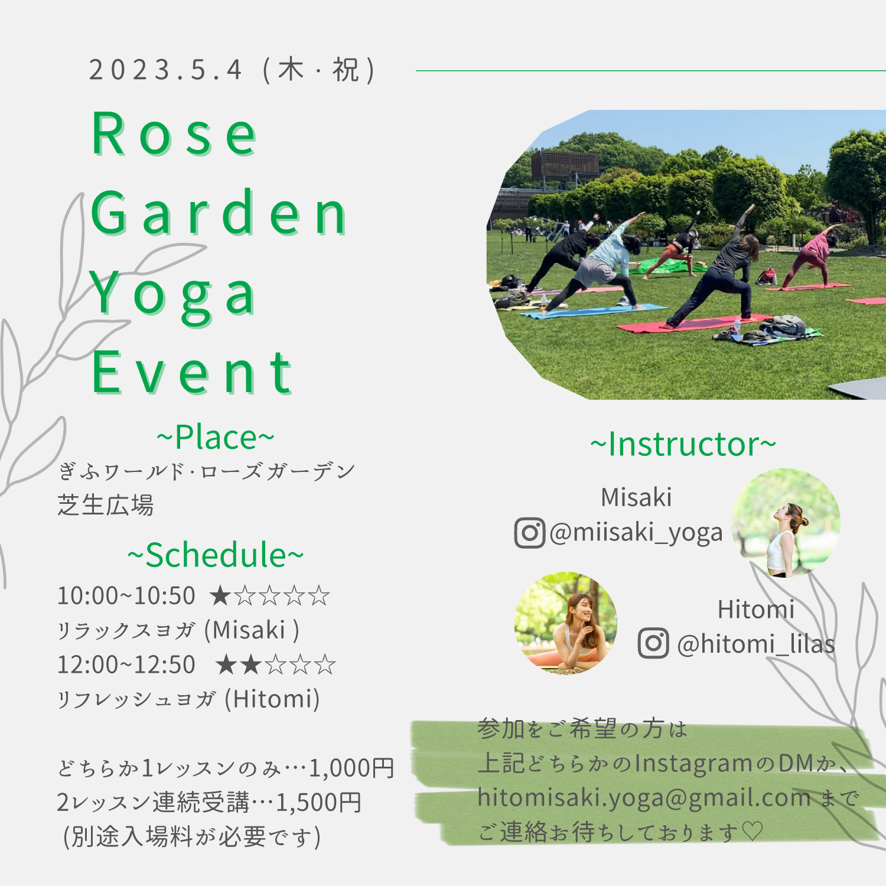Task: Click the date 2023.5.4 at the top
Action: [x=165, y=70]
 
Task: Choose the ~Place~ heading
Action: [x=216, y=437]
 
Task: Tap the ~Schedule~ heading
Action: [x=216, y=555]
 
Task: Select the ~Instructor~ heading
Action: [x=683, y=444]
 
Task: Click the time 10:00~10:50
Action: [x=126, y=595]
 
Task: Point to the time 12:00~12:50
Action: [x=126, y=664]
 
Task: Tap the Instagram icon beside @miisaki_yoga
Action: [x=529, y=533]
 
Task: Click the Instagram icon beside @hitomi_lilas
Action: [x=653, y=643]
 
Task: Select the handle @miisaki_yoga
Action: [x=636, y=533]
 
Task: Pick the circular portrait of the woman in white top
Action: [x=786, y=523]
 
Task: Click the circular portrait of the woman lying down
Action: [x=566, y=623]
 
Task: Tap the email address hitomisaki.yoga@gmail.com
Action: [x=644, y=798]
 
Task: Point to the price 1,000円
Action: [x=351, y=768]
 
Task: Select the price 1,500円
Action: [x=319, y=802]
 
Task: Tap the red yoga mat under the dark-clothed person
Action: [x=694, y=324]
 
